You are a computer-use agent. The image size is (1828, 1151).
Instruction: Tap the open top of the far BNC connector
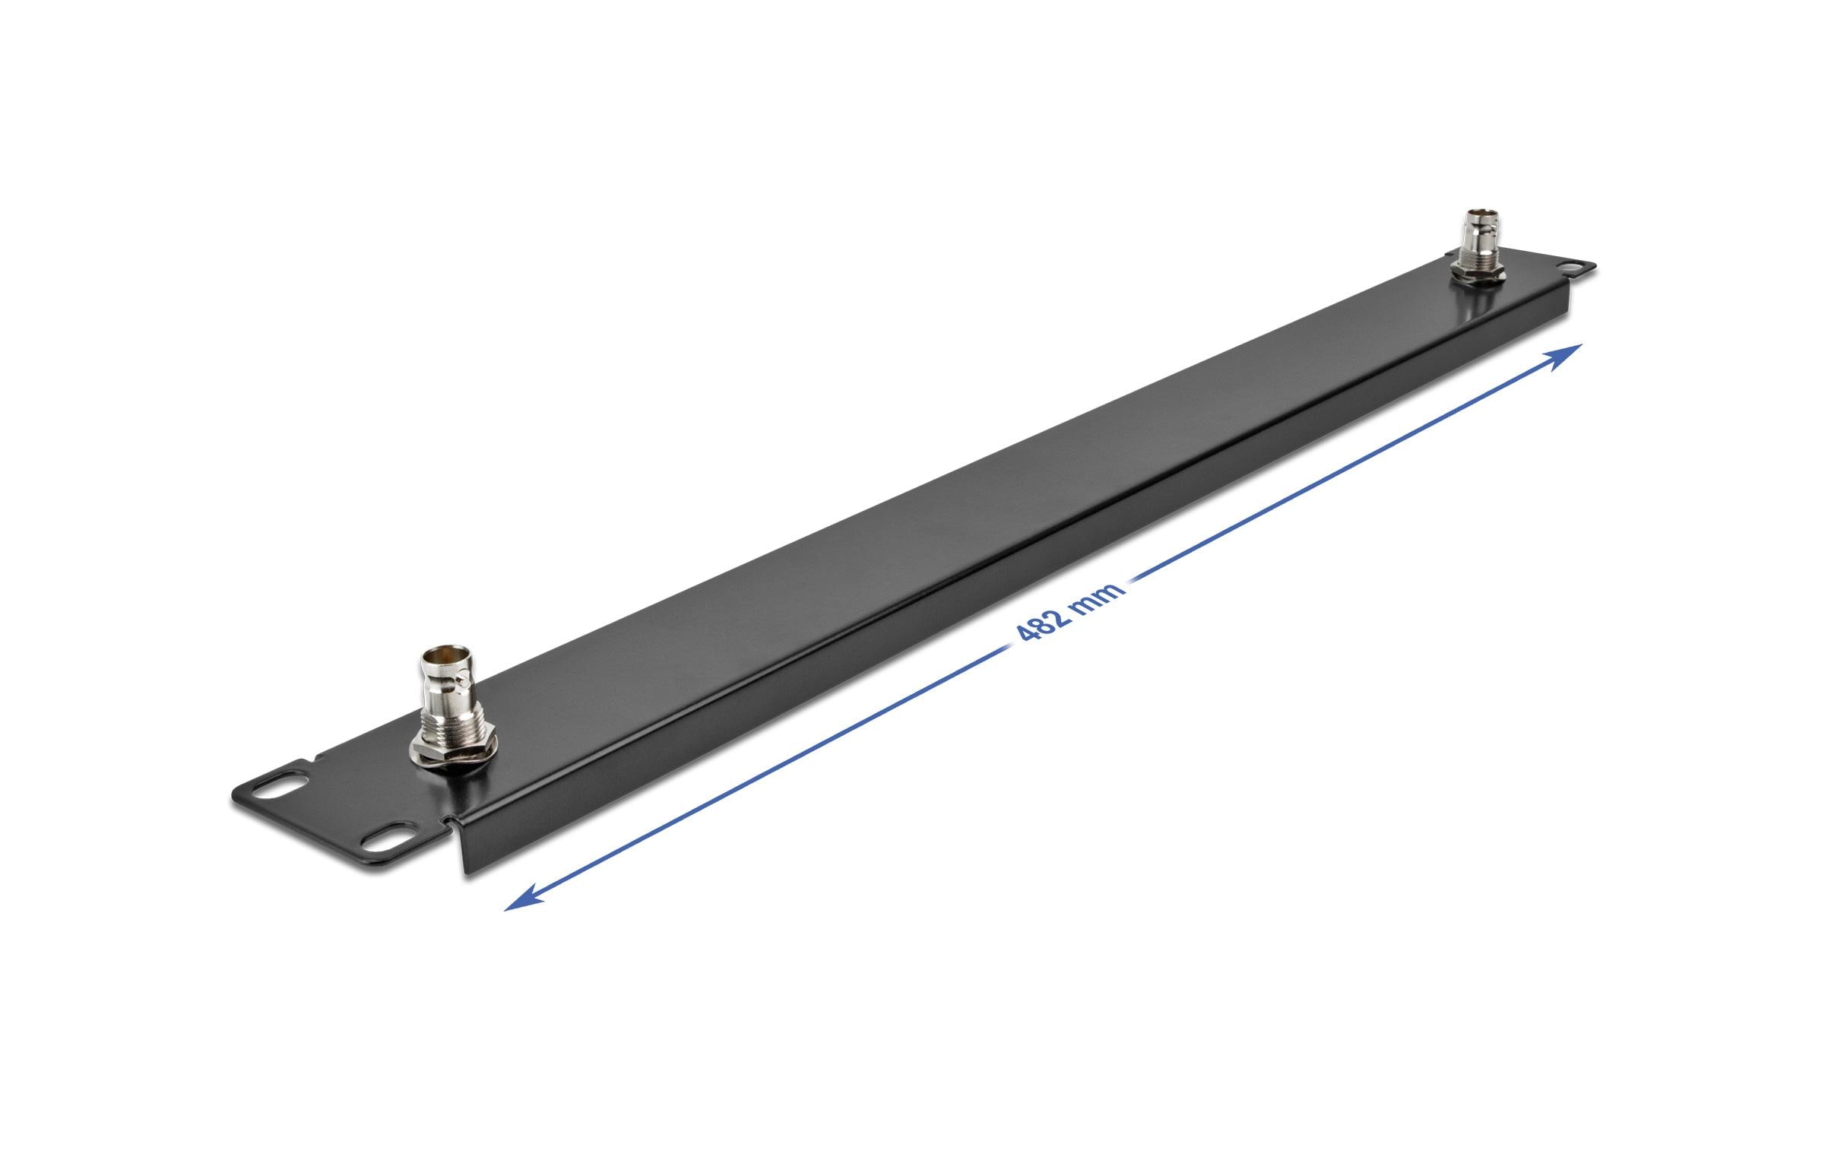click(x=1475, y=213)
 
